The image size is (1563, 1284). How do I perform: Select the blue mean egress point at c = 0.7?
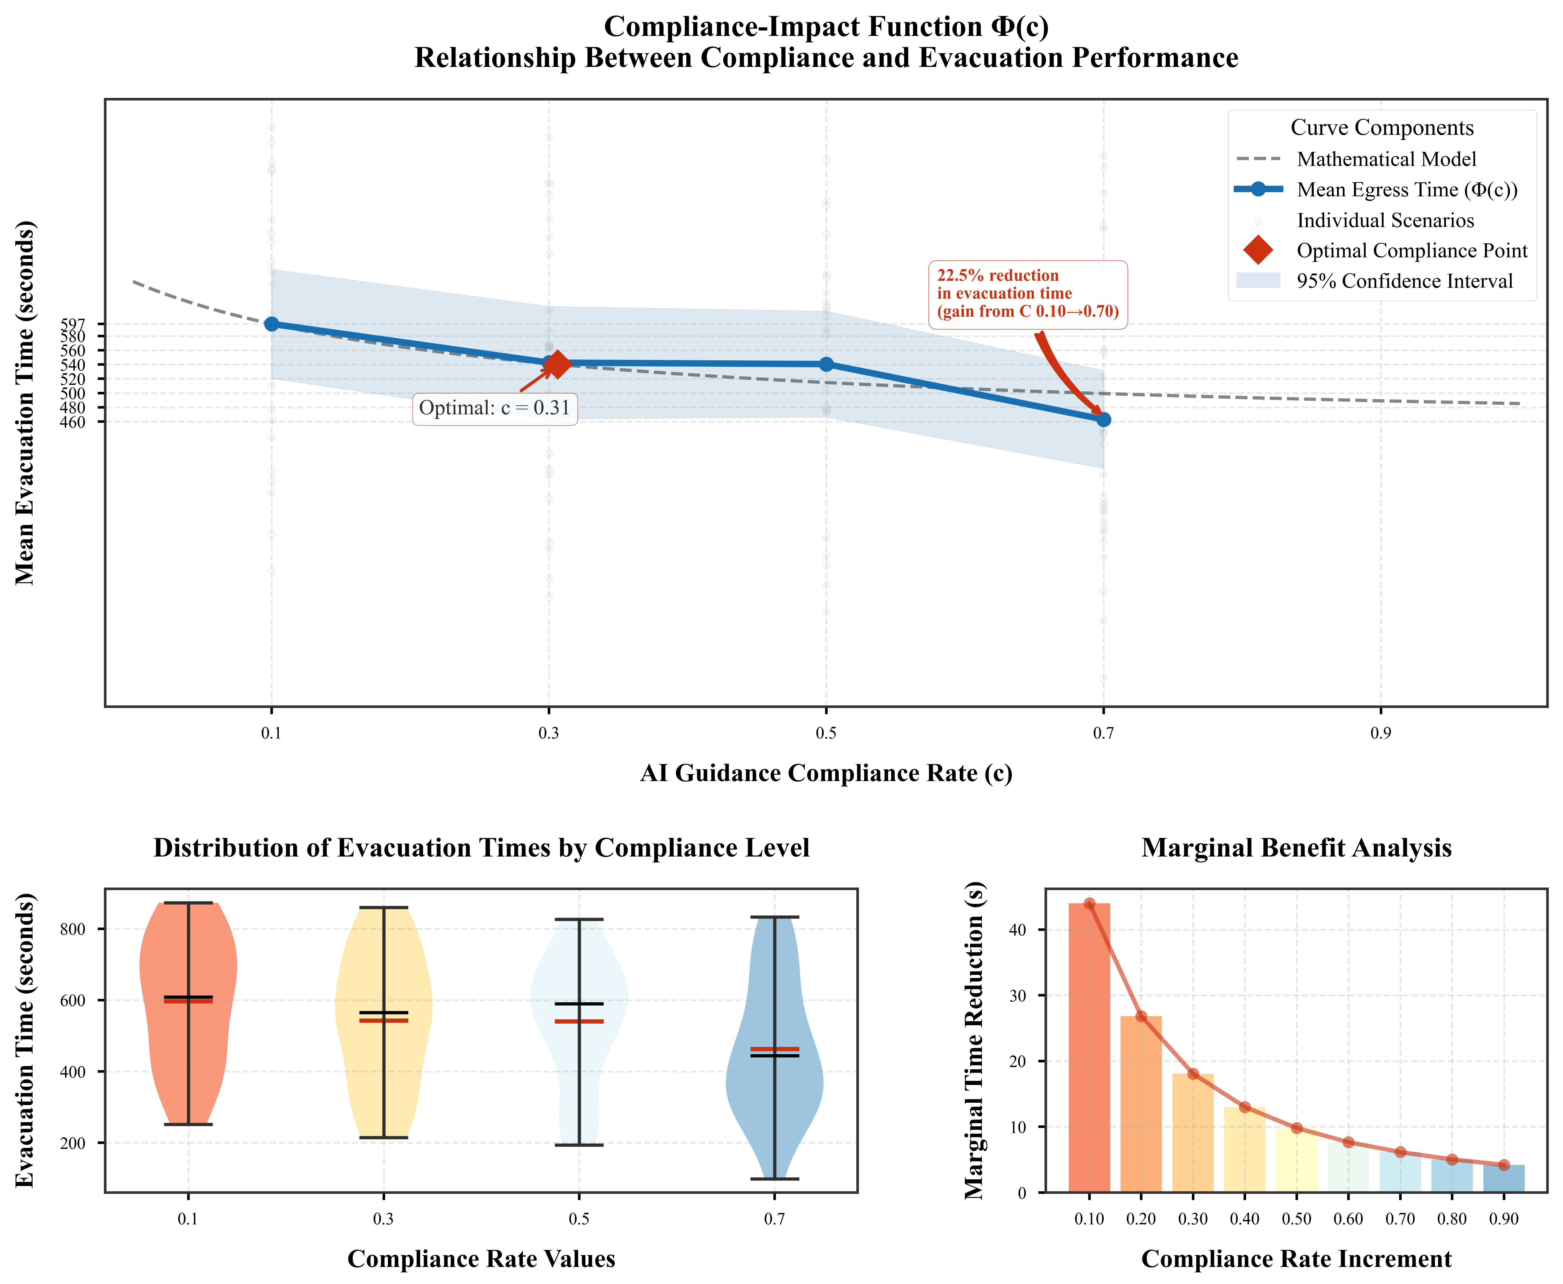1103,419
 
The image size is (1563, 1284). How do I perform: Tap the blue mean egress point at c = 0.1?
272,324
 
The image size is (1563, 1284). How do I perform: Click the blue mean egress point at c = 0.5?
826,364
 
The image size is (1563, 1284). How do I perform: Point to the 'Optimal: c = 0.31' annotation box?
494,408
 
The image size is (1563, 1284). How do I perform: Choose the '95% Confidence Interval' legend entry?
1404,281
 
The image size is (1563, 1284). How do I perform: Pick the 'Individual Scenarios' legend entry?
1385,220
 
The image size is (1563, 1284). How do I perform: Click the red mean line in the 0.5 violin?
580,1021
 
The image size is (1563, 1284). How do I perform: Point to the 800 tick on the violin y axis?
73,929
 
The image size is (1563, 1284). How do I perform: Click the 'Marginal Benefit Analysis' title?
1296,848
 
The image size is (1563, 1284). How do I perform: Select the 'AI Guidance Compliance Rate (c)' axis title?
826,773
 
